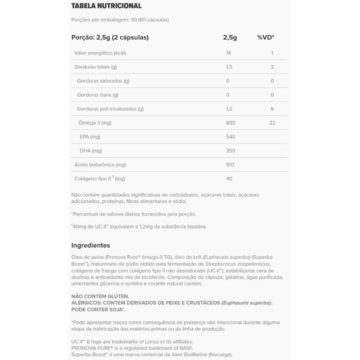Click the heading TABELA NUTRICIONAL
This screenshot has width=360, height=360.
pyautogui.click(x=106, y=6)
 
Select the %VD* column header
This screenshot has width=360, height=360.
pyautogui.click(x=265, y=37)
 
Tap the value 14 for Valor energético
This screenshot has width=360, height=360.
pyautogui.click(x=228, y=53)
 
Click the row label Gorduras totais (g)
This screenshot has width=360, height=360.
pyautogui.click(x=95, y=67)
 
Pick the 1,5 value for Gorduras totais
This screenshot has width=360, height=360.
pyautogui.click(x=229, y=67)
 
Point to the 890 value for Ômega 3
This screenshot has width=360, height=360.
pyautogui.click(x=230, y=123)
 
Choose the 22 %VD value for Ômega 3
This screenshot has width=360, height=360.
pyautogui.click(x=272, y=123)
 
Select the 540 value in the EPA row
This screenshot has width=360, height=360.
pyautogui.click(x=230, y=137)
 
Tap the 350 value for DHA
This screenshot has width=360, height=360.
pyautogui.click(x=230, y=151)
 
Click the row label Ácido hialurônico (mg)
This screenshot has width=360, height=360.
pyautogui.click(x=100, y=165)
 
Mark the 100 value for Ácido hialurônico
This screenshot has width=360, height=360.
pyautogui.click(x=230, y=165)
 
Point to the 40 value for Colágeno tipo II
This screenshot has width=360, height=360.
pyautogui.click(x=229, y=179)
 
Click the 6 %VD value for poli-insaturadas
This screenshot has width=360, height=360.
pyautogui.click(x=272, y=109)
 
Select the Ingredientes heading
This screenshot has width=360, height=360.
pyautogui.click(x=91, y=245)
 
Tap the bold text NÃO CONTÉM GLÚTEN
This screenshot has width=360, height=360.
pyautogui.click(x=100, y=296)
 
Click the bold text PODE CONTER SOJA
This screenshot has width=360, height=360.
pyautogui.click(x=98, y=310)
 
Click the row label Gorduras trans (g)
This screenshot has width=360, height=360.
pyautogui.click(x=98, y=95)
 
